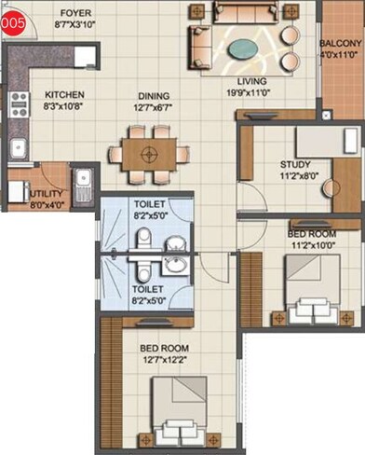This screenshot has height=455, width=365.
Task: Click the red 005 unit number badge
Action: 12,23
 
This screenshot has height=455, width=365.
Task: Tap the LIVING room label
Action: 247,81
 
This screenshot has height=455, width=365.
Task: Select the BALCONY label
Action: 341,43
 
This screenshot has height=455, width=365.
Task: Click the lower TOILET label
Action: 149,289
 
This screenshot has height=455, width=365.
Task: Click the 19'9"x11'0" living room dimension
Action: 247,92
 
